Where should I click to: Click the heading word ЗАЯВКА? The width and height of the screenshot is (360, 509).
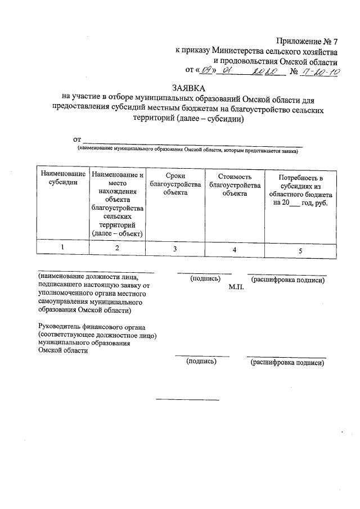[x=190, y=89]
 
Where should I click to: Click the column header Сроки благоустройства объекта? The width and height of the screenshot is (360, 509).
[x=175, y=184]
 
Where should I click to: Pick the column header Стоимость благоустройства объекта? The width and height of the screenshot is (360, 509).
[x=235, y=184]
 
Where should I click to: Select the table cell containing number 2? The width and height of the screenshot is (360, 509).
[x=117, y=249]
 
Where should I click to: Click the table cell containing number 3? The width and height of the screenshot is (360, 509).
[x=175, y=249]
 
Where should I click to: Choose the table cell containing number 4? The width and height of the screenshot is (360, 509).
[x=235, y=249]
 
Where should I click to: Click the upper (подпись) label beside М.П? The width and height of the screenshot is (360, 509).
[x=205, y=278]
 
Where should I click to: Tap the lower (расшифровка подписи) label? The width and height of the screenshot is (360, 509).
[x=287, y=363]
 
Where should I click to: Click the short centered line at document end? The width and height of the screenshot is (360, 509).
[x=187, y=400]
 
